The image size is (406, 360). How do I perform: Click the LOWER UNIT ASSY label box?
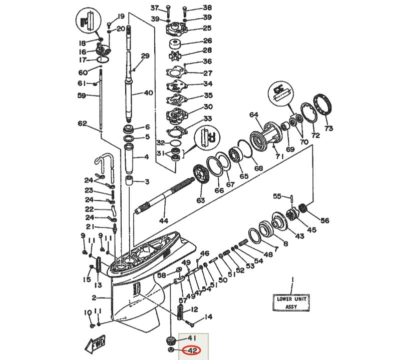click(x=291, y=302)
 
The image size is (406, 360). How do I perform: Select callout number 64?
click(x=254, y=115)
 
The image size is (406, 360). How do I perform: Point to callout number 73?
click(x=328, y=128)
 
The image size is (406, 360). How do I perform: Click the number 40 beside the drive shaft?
click(x=148, y=92)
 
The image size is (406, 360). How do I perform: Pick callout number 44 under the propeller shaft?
click(x=163, y=220)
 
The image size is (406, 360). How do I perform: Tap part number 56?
click(x=325, y=220)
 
